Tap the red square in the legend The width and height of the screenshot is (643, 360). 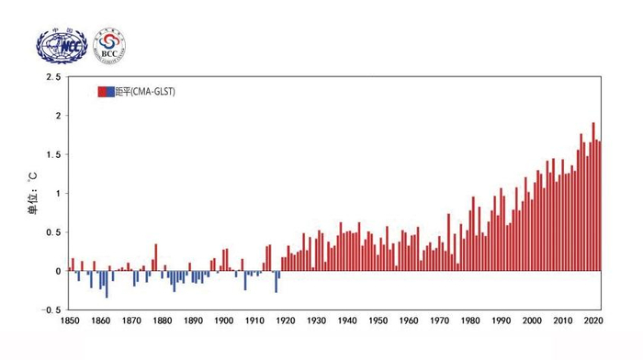pyautogui.click(x=103, y=92)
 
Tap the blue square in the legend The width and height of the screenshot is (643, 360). pyautogui.click(x=112, y=92)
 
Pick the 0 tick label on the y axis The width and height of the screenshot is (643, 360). pyautogui.click(x=58, y=271)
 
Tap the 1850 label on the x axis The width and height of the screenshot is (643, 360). pyautogui.click(x=70, y=321)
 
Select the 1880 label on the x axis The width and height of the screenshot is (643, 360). pyautogui.click(x=160, y=321)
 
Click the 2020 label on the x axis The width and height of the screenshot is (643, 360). pyautogui.click(x=592, y=321)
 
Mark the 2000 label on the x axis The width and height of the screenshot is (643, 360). pyautogui.click(x=531, y=321)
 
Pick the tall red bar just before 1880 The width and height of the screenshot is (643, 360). pyautogui.click(x=156, y=257)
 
